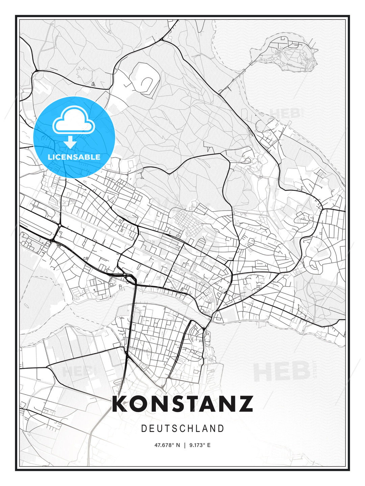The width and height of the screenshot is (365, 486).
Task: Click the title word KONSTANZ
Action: [182, 404]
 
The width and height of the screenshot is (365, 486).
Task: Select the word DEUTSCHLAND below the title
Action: [182, 429]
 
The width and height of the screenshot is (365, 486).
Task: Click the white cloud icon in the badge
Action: [73, 120]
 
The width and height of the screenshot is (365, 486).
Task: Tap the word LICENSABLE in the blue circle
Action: [74, 157]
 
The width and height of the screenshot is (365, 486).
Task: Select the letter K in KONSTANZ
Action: [120, 404]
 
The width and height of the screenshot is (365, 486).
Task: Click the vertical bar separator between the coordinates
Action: [185, 445]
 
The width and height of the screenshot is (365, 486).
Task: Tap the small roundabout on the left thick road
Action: [59, 225]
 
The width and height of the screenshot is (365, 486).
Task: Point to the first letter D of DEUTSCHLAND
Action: [144, 429]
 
